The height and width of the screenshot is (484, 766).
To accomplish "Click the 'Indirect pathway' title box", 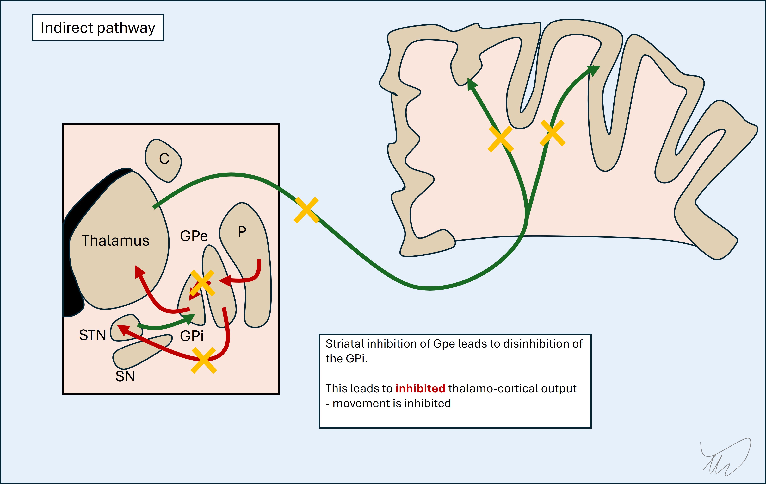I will (98, 28).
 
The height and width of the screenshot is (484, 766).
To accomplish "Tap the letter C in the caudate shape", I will (164, 159).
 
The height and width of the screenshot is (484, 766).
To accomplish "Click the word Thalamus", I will (115, 241).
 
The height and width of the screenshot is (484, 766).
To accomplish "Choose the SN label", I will (125, 376).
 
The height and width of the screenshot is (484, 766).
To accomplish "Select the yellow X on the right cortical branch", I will (553, 133).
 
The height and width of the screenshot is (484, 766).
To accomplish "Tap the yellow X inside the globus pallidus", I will (202, 283).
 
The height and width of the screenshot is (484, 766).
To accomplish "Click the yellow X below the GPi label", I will (204, 360).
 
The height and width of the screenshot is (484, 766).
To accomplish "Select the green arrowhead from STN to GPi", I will (190, 318).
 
